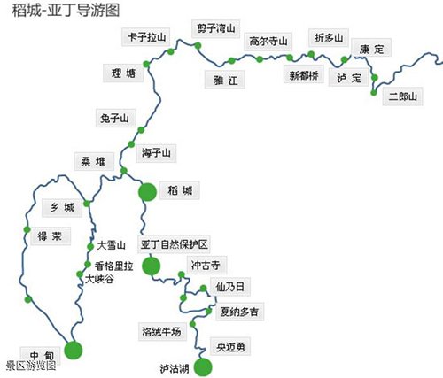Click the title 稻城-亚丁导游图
pyautogui.click(x=66, y=11)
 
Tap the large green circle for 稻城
pyautogui.click(x=147, y=192)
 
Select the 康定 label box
pyautogui.click(x=371, y=47)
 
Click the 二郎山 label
pyautogui.click(x=402, y=96)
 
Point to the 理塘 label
pyautogui.click(x=123, y=73)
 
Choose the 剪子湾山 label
pyautogui.click(x=215, y=28)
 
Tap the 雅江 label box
pyautogui.click(x=225, y=80)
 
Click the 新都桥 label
pyautogui.click(x=304, y=74)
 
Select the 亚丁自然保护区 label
pyautogui.click(x=174, y=244)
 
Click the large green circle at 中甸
pyautogui.click(x=74, y=351)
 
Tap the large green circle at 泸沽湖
pyautogui.click(x=203, y=367)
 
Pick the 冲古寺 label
pyautogui.click(x=206, y=265)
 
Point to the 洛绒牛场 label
pyautogui.click(x=162, y=332)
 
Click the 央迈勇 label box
pyautogui.click(x=230, y=346)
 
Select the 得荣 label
pyautogui.click(x=51, y=236)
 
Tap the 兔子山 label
pyautogui.click(x=116, y=118)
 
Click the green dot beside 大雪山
pyautogui.click(x=90, y=247)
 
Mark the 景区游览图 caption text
pyautogui.click(x=31, y=366)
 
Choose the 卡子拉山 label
pyautogui.click(x=146, y=37)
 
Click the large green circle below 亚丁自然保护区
pyautogui.click(x=151, y=266)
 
